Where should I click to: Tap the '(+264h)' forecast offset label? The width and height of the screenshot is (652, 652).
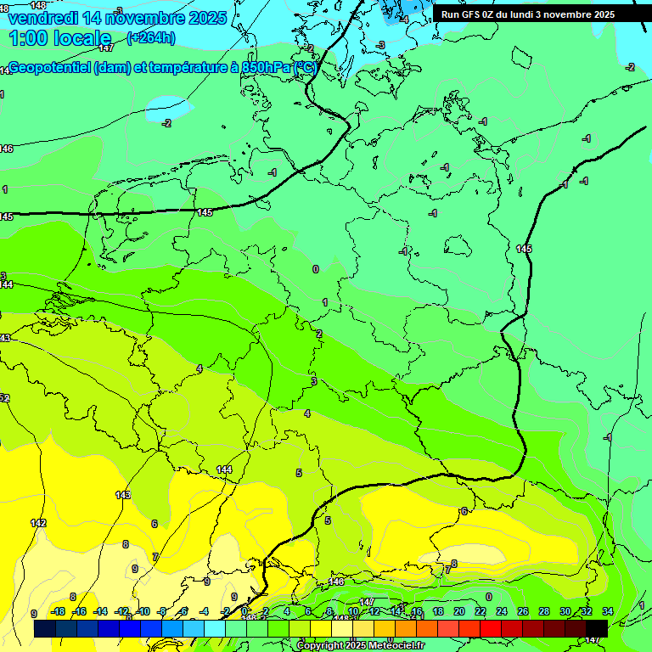click(151, 37)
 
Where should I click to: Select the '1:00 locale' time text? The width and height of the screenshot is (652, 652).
click(60, 38)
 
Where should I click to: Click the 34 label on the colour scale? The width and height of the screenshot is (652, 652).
click(607, 611)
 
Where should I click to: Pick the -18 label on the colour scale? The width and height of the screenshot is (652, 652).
click(59, 611)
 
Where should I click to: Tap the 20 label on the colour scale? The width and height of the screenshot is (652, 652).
click(458, 611)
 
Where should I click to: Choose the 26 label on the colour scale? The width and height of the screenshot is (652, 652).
click(522, 611)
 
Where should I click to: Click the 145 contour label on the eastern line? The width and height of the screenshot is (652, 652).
click(524, 249)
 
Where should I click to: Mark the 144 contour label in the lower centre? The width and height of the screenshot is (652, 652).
click(224, 469)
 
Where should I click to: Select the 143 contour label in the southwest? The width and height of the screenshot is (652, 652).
click(123, 494)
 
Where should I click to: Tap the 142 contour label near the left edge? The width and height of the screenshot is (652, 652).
click(38, 523)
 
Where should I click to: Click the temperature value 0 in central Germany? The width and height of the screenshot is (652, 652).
click(316, 269)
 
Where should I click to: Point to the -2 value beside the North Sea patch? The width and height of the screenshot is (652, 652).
click(166, 123)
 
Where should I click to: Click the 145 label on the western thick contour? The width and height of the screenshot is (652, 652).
click(204, 212)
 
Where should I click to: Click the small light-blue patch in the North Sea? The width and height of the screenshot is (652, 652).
click(168, 107)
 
